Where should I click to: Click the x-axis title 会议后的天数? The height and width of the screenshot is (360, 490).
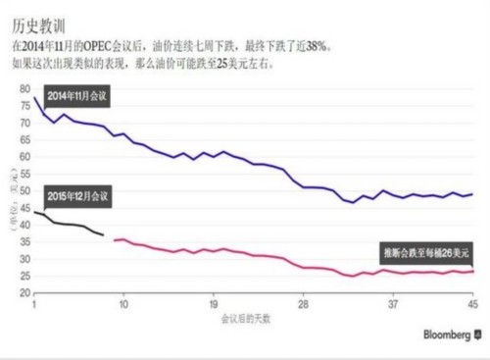point(248,320)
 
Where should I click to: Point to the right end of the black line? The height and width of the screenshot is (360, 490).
point(104,235)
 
